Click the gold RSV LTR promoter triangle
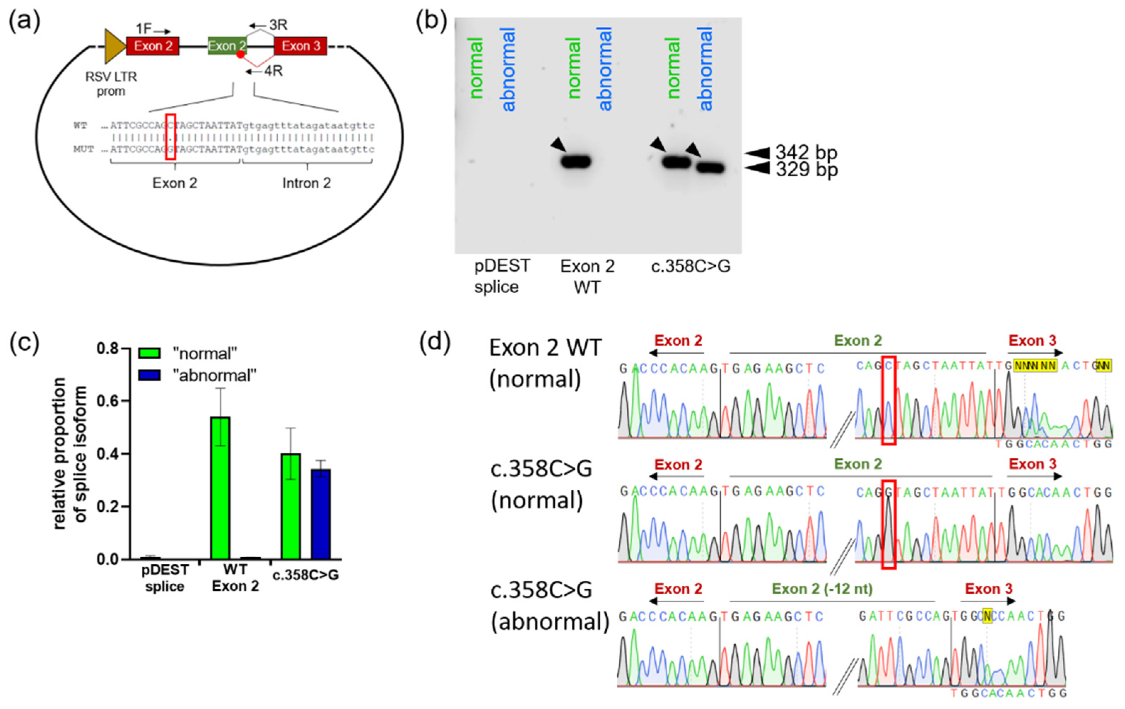point(114,46)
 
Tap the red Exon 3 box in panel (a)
point(300,46)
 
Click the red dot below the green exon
point(240,54)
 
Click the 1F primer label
point(144,29)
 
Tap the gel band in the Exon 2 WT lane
point(576,162)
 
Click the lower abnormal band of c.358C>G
point(711,168)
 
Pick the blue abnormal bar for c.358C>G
point(321,514)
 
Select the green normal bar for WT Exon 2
point(221,488)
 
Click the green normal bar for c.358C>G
point(291,506)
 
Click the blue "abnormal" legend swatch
point(150,375)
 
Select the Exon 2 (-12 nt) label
point(822,589)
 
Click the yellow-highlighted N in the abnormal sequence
point(987,616)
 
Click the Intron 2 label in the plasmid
point(306,183)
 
